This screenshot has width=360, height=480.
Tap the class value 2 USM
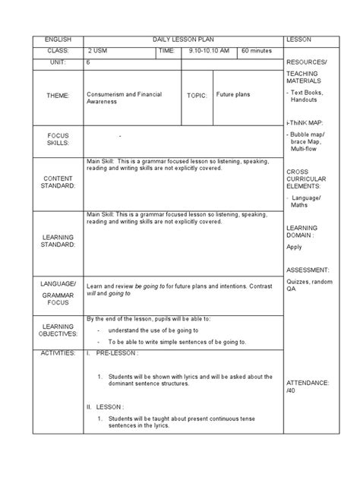(99, 50)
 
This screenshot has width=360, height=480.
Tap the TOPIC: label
(197, 97)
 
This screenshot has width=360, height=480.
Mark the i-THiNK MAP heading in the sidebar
(305, 122)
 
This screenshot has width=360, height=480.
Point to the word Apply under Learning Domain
(295, 247)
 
